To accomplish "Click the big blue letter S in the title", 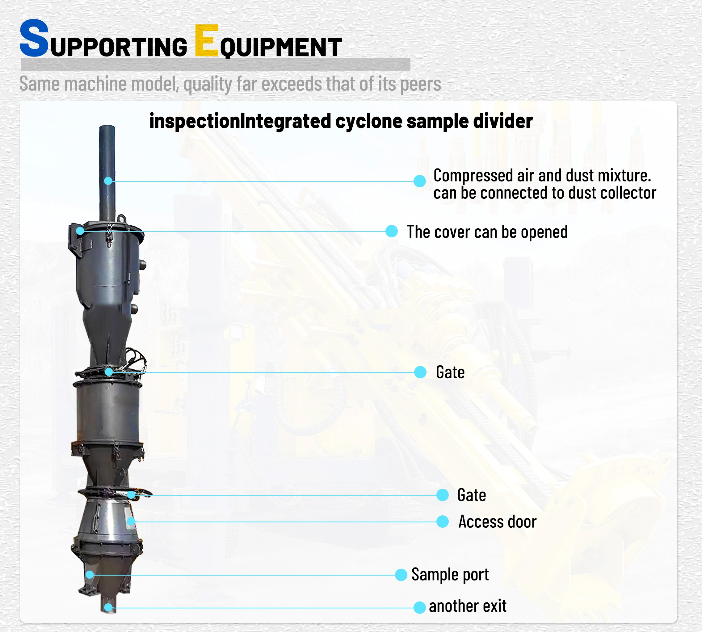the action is tap(34, 38).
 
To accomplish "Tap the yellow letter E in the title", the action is tap(207, 40).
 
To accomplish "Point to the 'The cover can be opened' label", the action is tap(487, 232).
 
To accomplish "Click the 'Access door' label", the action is tap(497, 522).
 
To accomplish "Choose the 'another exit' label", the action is tap(467, 606).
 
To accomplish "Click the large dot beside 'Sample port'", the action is tap(401, 575).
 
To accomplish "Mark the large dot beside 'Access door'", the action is tap(442, 522).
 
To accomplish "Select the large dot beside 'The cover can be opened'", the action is tap(392, 231).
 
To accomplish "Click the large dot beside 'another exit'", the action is tap(419, 608).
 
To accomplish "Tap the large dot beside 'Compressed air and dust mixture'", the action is tap(420, 181).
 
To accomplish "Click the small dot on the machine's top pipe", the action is tap(108, 181).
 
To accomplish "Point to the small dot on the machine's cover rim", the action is tap(80, 231).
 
